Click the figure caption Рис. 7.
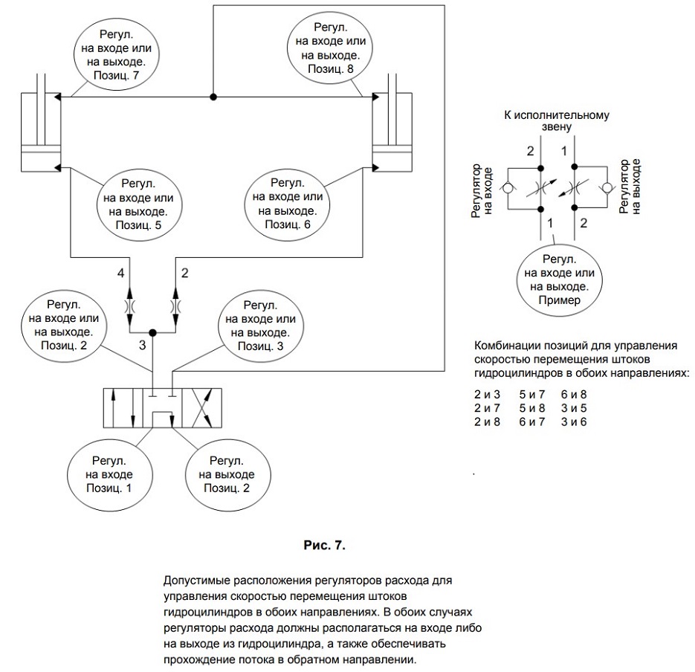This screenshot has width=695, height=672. pyautogui.click(x=324, y=545)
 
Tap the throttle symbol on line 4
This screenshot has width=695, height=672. pyautogui.click(x=129, y=307)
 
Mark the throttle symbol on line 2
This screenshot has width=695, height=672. pyautogui.click(x=175, y=307)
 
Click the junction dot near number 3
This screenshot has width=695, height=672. pyautogui.click(x=152, y=332)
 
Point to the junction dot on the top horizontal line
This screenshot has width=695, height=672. pyautogui.click(x=213, y=97)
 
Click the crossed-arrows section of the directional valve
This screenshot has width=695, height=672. pyautogui.click(x=201, y=408)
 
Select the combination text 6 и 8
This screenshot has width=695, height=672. pyautogui.click(x=574, y=394)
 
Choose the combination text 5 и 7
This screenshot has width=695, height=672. pyautogui.click(x=532, y=394)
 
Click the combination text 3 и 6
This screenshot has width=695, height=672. pyautogui.click(x=574, y=421)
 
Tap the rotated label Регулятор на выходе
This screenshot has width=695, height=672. pyautogui.click(x=630, y=187)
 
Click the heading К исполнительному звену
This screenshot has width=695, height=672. pyautogui.click(x=557, y=120)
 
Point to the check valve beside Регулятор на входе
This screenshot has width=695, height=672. pyautogui.click(x=507, y=188)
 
